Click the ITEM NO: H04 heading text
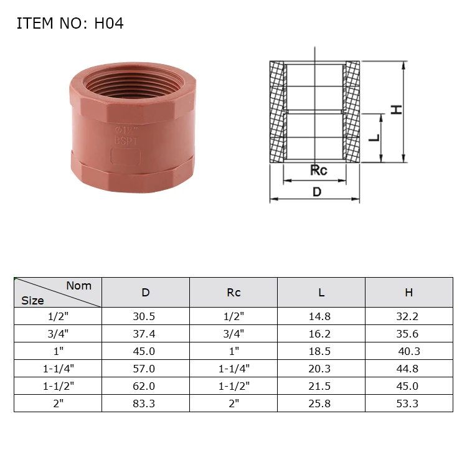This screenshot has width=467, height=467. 70,24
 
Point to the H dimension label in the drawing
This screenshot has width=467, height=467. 396,109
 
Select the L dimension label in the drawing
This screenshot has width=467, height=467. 374,136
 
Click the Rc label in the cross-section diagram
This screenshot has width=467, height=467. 318,170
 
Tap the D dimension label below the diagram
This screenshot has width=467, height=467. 317,192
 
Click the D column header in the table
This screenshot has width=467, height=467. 146,292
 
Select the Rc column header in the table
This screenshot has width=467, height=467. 233,292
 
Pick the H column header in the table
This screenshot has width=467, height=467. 408,292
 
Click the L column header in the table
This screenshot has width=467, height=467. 321,292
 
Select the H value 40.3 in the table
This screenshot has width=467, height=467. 409,351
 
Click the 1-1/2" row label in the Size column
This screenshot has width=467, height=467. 59,386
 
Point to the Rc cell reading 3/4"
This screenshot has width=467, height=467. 233,334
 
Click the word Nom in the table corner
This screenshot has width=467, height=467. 78,286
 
